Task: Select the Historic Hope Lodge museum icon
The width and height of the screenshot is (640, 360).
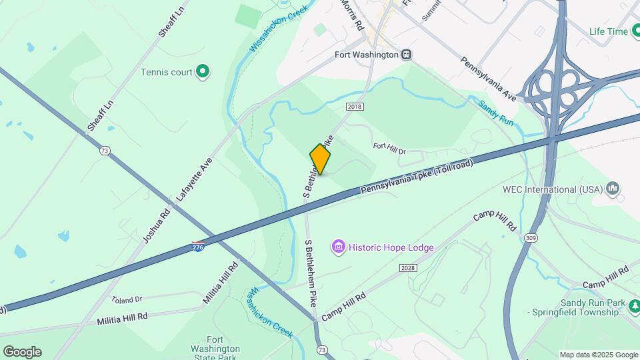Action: tap(339, 248)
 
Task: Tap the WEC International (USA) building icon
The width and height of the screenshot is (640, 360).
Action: tap(613, 189)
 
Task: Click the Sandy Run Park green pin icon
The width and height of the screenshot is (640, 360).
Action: tap(635, 307)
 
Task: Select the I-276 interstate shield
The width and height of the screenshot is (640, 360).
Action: tap(198, 247)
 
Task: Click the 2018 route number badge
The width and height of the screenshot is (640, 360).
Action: tap(355, 107)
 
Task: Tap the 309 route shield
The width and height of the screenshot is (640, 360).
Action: tap(531, 238)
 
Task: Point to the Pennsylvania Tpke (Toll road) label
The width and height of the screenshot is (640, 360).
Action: tap(416, 177)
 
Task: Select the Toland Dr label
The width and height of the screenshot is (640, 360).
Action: tap(127, 299)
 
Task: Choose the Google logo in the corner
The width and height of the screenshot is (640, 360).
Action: tap(22, 352)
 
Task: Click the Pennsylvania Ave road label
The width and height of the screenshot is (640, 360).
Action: tap(489, 79)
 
